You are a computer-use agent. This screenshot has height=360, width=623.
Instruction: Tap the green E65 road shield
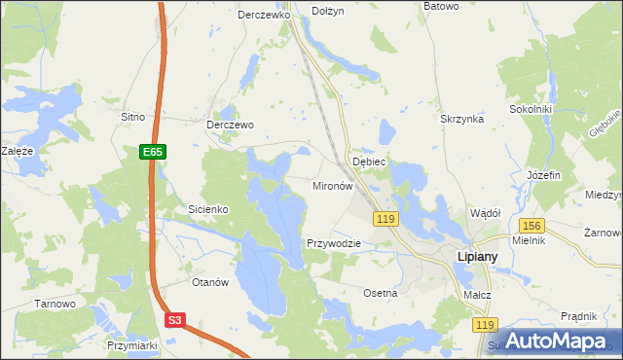pyautogui.click(x=153, y=152)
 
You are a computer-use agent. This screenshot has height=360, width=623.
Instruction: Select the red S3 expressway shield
pyautogui.click(x=174, y=319)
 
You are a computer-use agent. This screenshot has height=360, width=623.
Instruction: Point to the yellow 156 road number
pyautogui.click(x=531, y=226)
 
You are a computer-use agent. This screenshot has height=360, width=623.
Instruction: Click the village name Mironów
pyautogui.click(x=331, y=185)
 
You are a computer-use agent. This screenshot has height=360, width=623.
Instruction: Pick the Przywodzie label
pyautogui.click(x=334, y=243)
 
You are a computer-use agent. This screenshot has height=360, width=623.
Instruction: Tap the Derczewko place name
pyautogui.click(x=265, y=16)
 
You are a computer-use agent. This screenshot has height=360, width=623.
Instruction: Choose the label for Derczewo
pyautogui.click(x=230, y=125)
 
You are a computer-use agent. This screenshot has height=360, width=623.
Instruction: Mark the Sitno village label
pyautogui.click(x=132, y=117)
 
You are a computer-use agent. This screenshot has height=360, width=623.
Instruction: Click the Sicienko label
pyautogui.click(x=207, y=209)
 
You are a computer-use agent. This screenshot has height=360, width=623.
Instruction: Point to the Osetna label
pyautogui.click(x=380, y=293)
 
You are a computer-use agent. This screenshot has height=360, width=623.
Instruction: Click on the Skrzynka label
pyautogui.click(x=462, y=118)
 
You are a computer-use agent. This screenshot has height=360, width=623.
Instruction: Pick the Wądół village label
pyautogui.click(x=485, y=212)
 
